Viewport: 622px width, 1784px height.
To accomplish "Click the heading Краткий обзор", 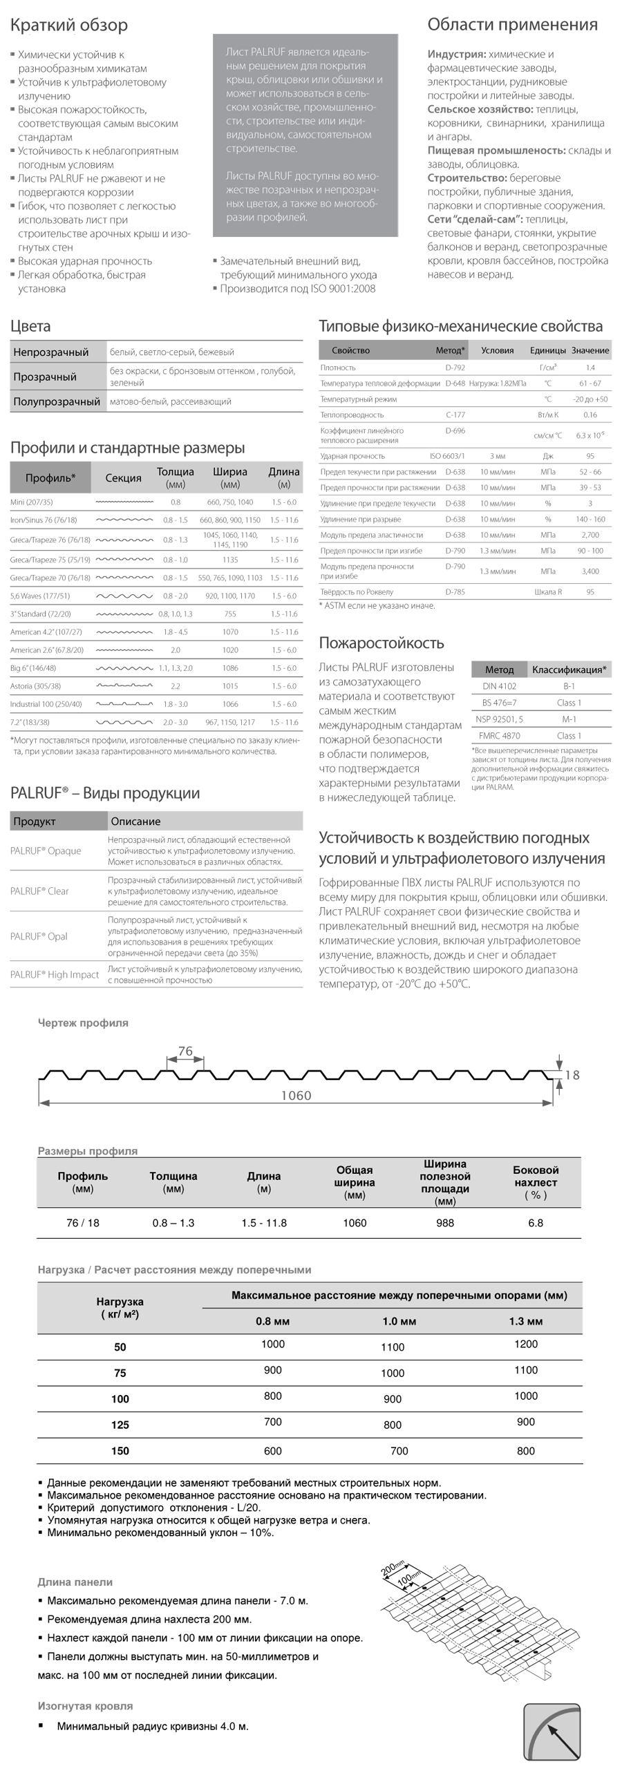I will [68, 26].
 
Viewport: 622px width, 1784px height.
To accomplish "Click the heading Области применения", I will [512, 25].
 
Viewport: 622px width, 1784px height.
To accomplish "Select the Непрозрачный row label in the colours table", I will [51, 352].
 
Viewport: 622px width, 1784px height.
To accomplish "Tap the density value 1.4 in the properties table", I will [590, 368].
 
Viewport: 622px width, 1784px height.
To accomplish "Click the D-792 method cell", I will [455, 368].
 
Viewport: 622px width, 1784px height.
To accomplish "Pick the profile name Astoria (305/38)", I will [35, 686].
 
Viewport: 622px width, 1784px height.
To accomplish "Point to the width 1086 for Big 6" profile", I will [230, 668].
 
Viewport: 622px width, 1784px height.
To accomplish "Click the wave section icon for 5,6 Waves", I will [124, 596].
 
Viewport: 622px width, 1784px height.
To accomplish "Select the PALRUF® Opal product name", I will [39, 936].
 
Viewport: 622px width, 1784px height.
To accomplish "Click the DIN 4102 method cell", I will [499, 686].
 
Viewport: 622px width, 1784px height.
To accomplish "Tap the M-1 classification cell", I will [569, 719].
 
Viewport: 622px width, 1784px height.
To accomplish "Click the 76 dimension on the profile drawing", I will [185, 1051].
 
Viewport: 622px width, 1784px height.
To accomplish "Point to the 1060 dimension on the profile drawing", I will [296, 1096].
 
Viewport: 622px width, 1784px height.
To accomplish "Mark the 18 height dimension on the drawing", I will [572, 1075].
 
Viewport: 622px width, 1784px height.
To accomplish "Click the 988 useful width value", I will [444, 1223].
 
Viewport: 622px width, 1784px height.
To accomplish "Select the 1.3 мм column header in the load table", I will [526, 1321].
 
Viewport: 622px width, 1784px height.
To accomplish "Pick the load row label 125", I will [120, 1425].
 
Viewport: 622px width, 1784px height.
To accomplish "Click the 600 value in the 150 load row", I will [273, 1450].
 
